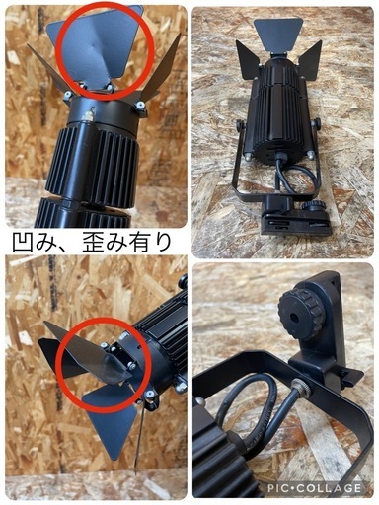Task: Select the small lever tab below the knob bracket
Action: tap(345, 376)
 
